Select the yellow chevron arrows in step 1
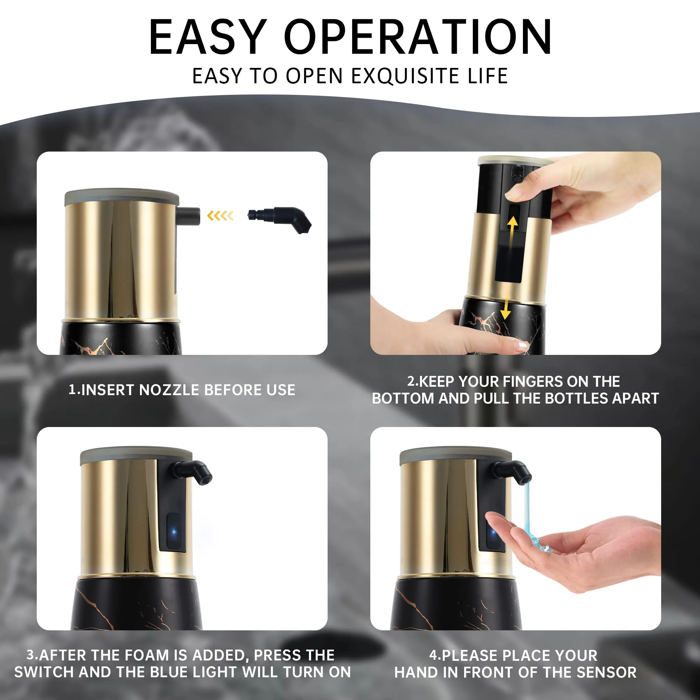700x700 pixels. [x=220, y=216]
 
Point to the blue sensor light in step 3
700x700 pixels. [x=174, y=532]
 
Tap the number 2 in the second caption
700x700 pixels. [x=411, y=381]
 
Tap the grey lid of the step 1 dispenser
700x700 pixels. [x=121, y=196]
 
